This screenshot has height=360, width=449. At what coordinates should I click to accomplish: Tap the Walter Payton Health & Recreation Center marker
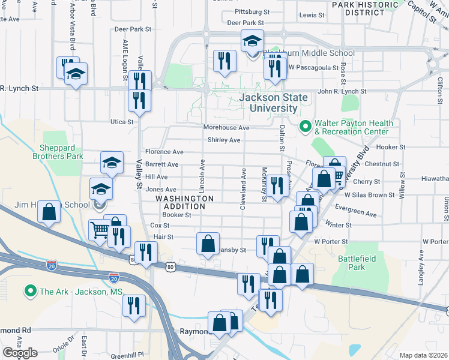[305, 127]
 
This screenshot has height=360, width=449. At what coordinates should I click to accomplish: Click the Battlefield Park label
[351, 262]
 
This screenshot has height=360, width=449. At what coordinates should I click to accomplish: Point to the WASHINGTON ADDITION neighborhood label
[185, 202]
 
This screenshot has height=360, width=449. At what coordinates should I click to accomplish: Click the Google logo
[20, 353]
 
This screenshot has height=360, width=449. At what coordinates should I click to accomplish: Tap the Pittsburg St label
[252, 11]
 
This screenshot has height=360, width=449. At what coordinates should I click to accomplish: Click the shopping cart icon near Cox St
[100, 229]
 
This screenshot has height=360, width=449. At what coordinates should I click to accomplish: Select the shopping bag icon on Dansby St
[208, 244]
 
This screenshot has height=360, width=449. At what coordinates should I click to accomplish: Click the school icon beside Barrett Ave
[112, 162]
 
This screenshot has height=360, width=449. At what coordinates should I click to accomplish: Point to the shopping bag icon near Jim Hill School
[49, 211]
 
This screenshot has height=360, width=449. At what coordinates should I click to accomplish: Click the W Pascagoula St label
[314, 67]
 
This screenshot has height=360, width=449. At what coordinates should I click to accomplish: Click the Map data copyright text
[423, 355]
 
